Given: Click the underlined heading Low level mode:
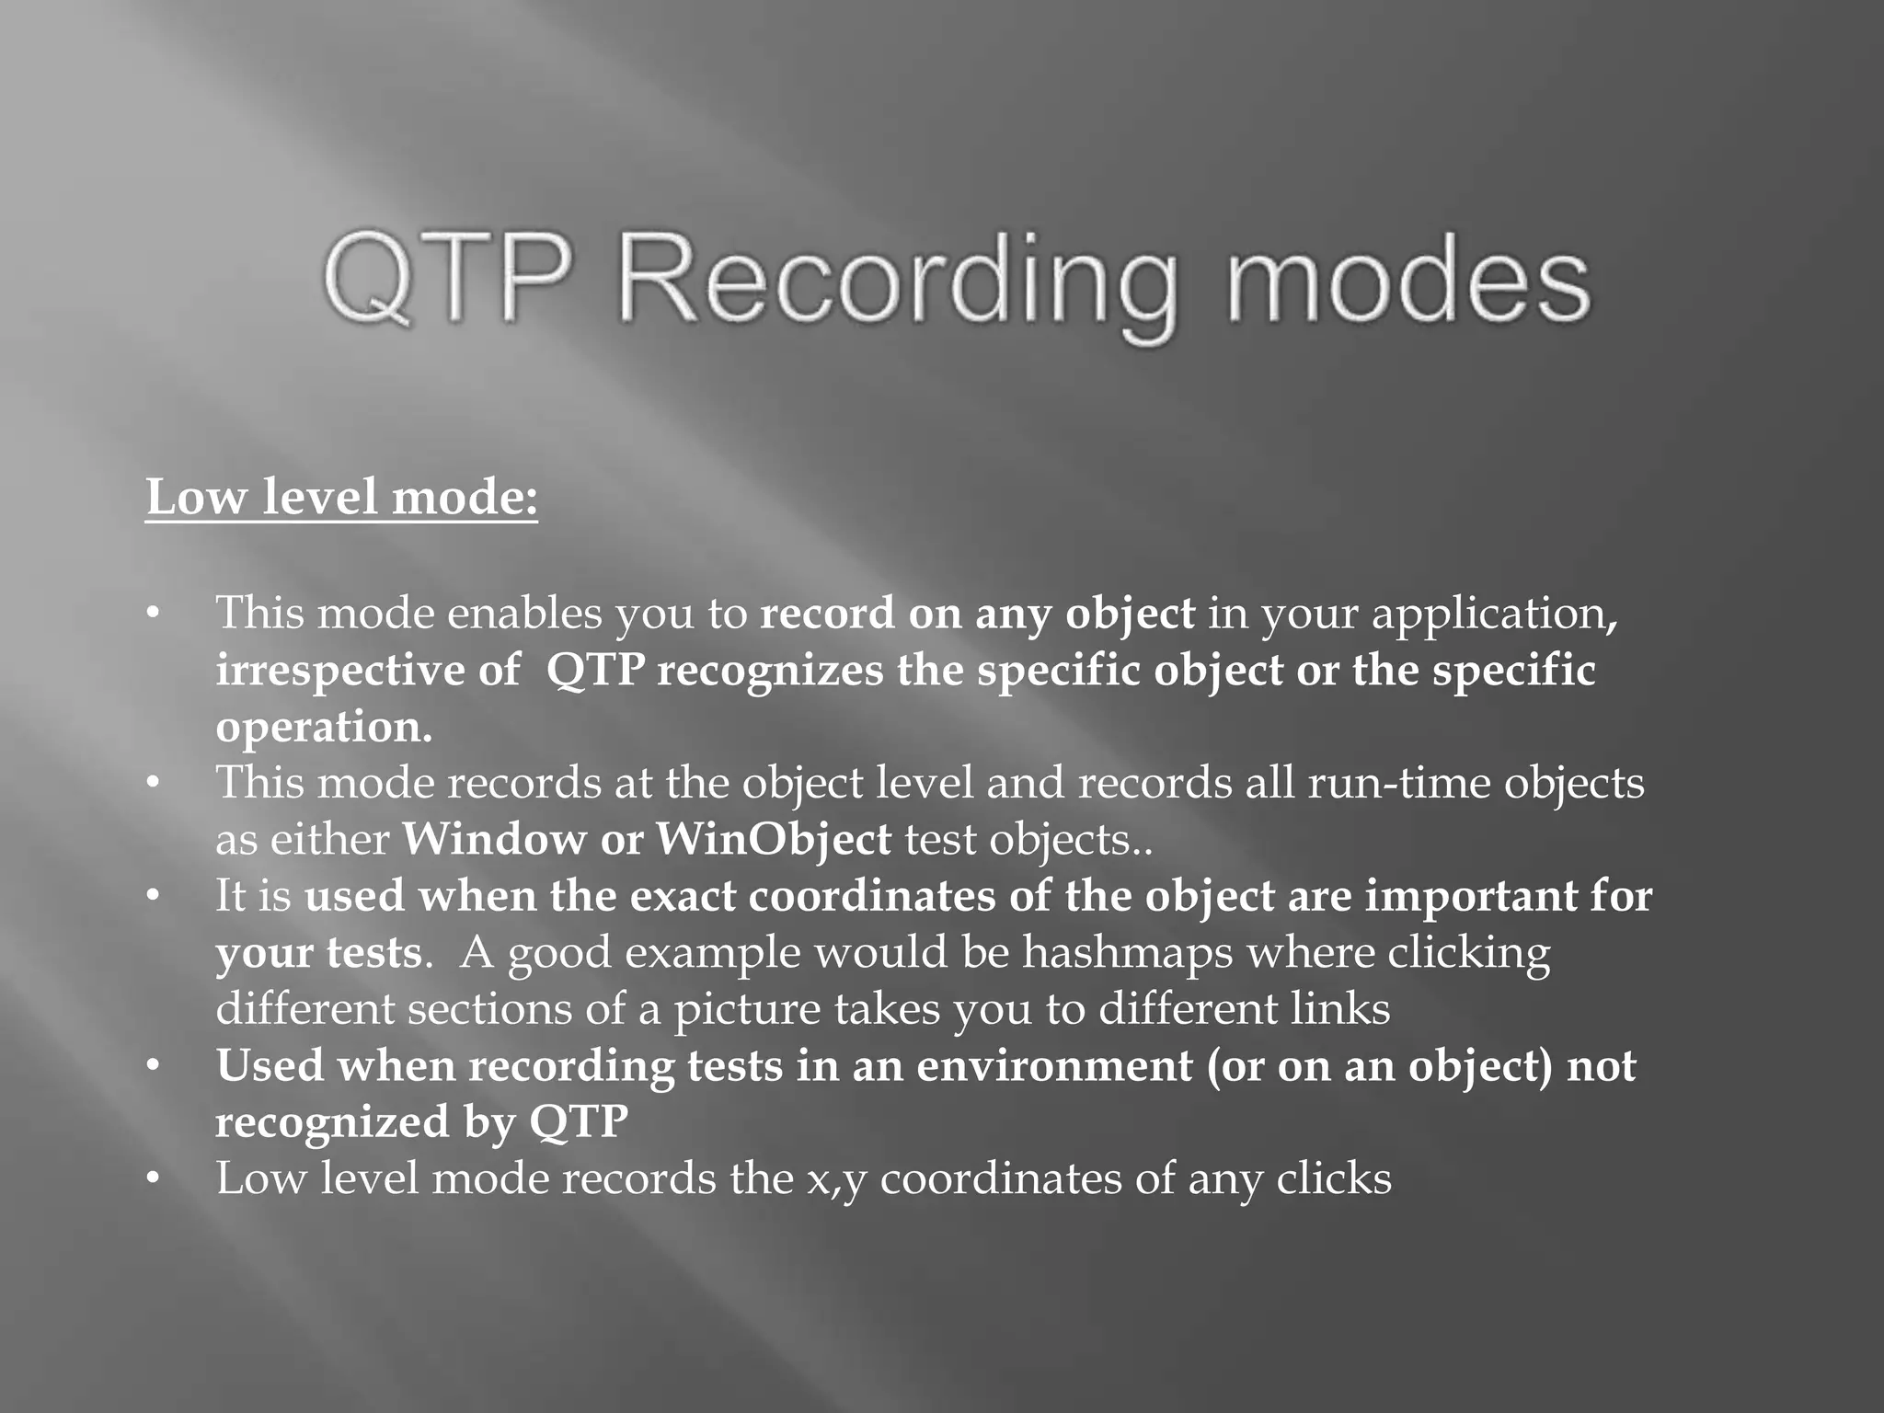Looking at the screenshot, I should [341, 498].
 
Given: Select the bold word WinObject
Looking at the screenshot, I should [774, 839].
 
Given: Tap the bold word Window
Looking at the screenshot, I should [494, 839].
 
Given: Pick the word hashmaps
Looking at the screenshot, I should [1127, 952].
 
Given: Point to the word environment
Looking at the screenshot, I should [1054, 1066].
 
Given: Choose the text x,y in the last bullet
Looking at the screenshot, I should [836, 1179].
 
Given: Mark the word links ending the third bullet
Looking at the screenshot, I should [1339, 1008].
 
